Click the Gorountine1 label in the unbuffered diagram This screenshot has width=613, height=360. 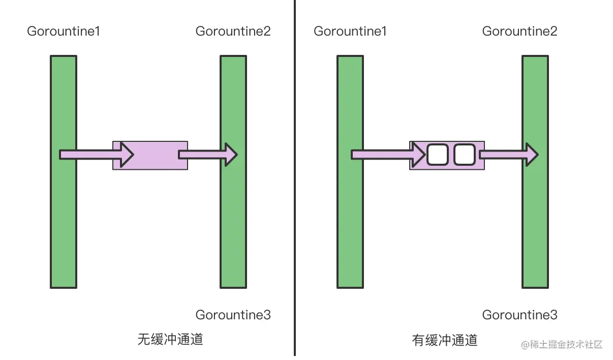pyautogui.click(x=64, y=32)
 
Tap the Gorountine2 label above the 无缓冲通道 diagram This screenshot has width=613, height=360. pyautogui.click(x=233, y=32)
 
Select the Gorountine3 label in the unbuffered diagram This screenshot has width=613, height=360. pyautogui.click(x=233, y=315)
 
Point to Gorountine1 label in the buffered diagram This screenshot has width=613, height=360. pyautogui.click(x=350, y=32)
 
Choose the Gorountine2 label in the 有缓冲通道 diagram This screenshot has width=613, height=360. pyautogui.click(x=520, y=32)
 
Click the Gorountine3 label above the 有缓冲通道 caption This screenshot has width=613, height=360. pyautogui.click(x=520, y=315)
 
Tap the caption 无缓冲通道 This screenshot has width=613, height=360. pyautogui.click(x=170, y=340)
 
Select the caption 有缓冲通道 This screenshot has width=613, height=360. pyautogui.click(x=445, y=340)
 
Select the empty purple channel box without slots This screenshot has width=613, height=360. pyautogui.click(x=155, y=155)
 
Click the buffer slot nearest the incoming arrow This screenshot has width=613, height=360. pyautogui.click(x=437, y=155)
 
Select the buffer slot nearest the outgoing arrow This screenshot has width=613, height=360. pyautogui.click(x=464, y=155)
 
